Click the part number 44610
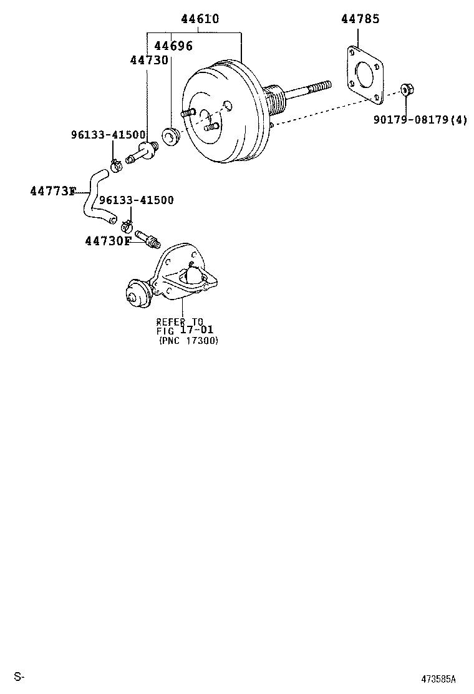tap(200, 19)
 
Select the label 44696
tap(173, 46)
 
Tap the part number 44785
tap(360, 19)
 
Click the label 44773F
tap(52, 191)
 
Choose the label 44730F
tap(108, 241)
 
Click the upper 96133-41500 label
tap(107, 135)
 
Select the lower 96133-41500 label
tap(137, 200)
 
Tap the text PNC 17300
tap(188, 341)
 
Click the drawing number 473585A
tap(438, 679)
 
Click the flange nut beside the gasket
tap(405, 89)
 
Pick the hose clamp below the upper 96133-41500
tap(115, 166)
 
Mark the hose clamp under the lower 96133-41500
tap(127, 223)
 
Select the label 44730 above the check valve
tap(149, 60)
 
